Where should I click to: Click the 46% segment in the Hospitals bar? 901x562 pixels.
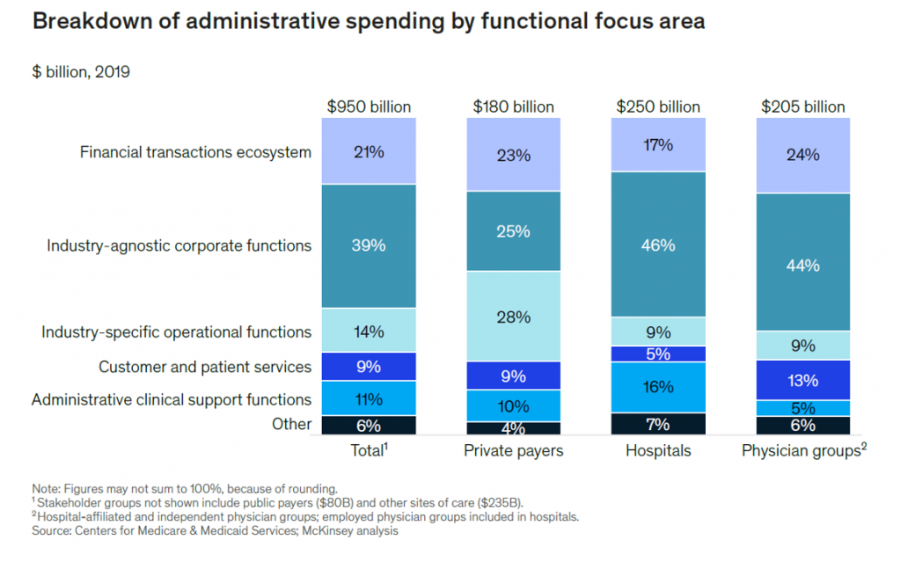click(x=658, y=245)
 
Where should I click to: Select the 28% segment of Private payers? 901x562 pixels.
click(x=513, y=317)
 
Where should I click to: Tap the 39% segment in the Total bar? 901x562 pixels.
click(x=369, y=245)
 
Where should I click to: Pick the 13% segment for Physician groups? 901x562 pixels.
click(x=803, y=380)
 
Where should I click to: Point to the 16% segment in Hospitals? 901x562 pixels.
click(x=658, y=387)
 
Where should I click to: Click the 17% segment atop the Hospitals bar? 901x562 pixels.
click(x=658, y=145)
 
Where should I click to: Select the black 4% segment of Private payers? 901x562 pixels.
click(x=513, y=428)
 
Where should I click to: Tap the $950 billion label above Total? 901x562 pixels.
click(x=369, y=106)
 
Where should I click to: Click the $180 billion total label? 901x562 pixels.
click(x=513, y=106)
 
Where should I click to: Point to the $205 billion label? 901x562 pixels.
click(x=802, y=106)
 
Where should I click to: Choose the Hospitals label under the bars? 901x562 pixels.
click(x=658, y=451)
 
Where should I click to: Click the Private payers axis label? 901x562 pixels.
click(x=513, y=451)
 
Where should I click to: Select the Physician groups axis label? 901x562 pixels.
click(x=799, y=451)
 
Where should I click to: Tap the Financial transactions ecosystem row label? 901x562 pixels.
click(x=195, y=152)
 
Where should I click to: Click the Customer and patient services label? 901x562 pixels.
click(x=205, y=367)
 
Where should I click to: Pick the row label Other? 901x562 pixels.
click(x=291, y=424)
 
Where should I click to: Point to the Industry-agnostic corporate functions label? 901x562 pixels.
click(x=179, y=245)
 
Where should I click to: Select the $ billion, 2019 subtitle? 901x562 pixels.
click(x=81, y=72)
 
